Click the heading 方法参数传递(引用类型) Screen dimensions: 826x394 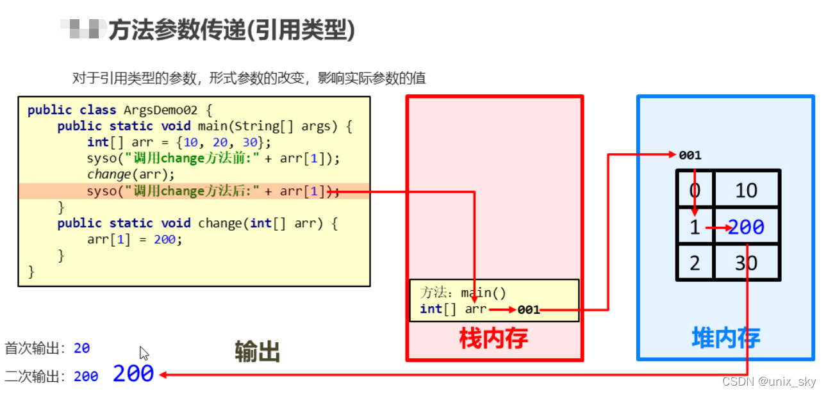point(231,30)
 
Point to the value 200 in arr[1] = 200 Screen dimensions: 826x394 point(165,240)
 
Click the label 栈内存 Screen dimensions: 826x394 point(493,338)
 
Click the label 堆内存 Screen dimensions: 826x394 point(725,338)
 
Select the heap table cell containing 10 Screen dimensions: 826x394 point(746,190)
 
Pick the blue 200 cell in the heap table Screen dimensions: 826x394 point(746,227)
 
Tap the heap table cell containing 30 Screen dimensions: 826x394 point(746,263)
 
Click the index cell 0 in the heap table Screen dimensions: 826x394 point(695,190)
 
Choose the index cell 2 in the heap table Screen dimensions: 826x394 point(695,263)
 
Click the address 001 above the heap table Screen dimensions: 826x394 point(690,155)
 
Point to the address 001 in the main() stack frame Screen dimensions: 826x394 point(529,310)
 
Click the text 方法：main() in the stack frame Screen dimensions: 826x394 point(463,293)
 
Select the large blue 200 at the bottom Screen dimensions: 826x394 point(133,373)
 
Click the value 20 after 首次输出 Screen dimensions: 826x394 point(81,349)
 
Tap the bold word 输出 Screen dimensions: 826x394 point(258,352)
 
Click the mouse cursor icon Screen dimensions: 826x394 point(144,353)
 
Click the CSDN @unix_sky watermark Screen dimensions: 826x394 point(769,382)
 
